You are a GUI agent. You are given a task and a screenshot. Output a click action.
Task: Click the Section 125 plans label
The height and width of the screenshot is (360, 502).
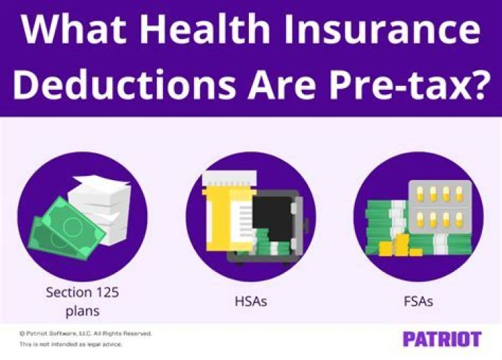point(82,301)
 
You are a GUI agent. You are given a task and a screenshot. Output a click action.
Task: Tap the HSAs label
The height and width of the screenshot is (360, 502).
point(250,302)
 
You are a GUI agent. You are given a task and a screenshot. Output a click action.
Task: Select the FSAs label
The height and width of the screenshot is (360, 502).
point(419,302)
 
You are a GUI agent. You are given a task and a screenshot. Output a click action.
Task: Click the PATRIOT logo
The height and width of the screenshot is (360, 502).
point(442,340)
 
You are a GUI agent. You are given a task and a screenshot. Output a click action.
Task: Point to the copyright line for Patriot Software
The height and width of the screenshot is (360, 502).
point(85,334)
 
